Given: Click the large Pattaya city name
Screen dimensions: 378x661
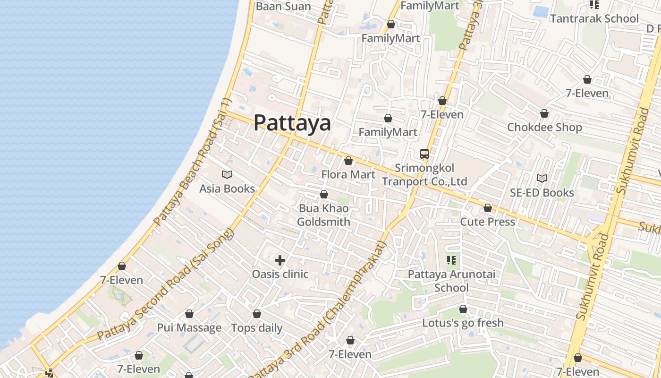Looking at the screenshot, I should point(292,123).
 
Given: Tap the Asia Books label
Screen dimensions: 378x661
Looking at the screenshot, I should point(227,189).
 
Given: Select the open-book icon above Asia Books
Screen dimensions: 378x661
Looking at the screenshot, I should point(227,175).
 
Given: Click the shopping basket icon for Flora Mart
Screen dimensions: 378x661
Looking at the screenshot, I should point(348,161).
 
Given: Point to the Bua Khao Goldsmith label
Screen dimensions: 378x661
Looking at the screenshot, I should point(324,215).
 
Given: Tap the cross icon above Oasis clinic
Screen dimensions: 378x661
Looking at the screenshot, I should point(280,260).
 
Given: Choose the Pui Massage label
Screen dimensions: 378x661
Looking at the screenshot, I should point(189,327).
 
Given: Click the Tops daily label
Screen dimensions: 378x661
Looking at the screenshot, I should point(257,327).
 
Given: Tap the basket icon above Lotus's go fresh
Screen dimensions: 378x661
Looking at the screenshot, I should point(463,309).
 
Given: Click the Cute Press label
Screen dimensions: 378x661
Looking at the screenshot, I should point(487,222).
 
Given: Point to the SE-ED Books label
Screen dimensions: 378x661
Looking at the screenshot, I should point(542,192).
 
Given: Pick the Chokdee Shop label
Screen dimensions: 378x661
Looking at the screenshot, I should point(544,127).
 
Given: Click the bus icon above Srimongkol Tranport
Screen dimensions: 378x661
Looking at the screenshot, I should point(424,154).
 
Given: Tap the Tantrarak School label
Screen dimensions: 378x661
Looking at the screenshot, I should point(594,18).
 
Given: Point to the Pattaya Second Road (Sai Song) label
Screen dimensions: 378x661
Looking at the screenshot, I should point(166,284).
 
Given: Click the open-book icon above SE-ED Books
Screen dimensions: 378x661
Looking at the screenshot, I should point(542,178).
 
